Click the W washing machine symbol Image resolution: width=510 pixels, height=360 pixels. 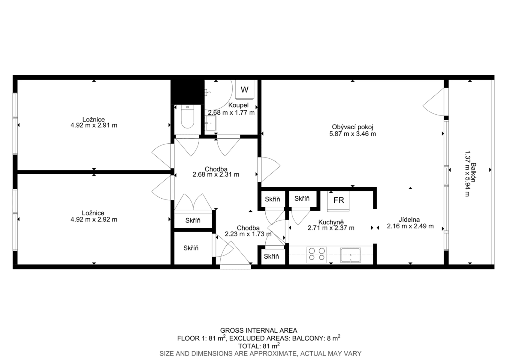point(245,89)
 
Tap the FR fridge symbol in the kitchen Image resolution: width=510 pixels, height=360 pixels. point(339,200)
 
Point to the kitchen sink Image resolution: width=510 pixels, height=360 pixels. point(350,255)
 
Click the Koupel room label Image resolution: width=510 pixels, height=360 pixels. point(238,105)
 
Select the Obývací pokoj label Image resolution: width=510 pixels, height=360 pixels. point(352,127)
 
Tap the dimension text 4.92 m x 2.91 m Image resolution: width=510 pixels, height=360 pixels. point(94,125)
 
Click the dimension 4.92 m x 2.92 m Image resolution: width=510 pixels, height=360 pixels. point(94,220)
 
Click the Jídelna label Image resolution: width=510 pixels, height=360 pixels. point(409,220)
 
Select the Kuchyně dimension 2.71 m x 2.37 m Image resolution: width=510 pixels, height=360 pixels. point(331,228)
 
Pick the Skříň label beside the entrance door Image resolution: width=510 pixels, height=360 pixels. point(191,248)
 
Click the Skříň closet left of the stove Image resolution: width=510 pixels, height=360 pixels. point(271,256)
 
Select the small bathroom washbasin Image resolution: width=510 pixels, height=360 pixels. point(210,123)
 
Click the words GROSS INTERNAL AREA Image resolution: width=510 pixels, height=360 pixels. point(258,331)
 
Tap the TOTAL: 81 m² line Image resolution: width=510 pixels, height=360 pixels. point(258,346)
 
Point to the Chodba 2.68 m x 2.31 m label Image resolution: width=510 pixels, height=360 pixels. point(216,172)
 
